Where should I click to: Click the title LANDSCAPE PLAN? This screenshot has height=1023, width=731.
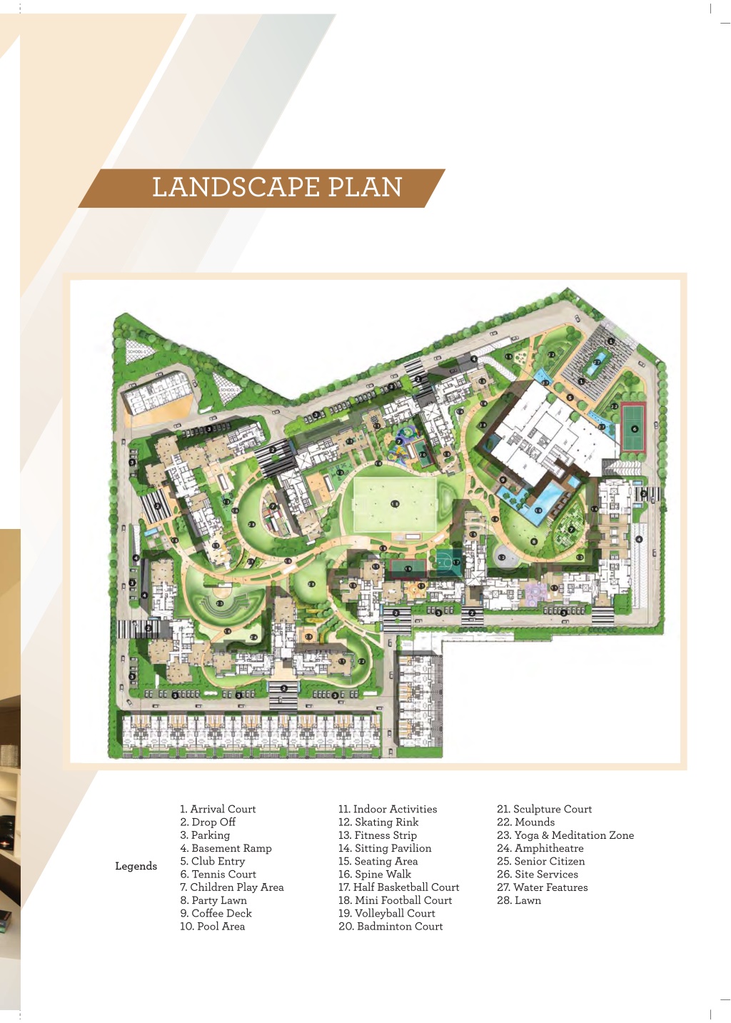277,187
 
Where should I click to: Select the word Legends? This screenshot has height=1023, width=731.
136,866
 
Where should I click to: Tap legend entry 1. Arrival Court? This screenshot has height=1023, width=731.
218,809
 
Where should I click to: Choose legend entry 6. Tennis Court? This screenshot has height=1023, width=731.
218,874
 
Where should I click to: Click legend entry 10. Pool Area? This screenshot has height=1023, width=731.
212,926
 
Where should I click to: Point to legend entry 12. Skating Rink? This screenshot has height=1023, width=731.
378,822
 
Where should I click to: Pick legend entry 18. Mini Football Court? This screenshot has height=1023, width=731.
395,900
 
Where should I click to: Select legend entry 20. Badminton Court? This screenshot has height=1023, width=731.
390,926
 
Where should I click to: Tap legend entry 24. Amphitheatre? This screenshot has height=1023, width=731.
540,848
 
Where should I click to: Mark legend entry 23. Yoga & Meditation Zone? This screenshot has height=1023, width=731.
565,835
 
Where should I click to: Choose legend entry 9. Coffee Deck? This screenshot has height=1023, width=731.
216,913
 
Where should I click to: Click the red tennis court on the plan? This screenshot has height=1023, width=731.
633,428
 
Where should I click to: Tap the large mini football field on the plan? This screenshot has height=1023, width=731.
395,504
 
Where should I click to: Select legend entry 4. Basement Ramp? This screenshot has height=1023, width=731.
226,848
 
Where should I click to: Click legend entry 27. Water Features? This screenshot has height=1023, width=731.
542,887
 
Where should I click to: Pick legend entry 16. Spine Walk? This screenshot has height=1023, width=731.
375,874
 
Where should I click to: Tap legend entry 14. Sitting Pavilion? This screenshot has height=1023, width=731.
385,848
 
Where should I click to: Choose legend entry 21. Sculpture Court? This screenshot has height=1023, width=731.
544,809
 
